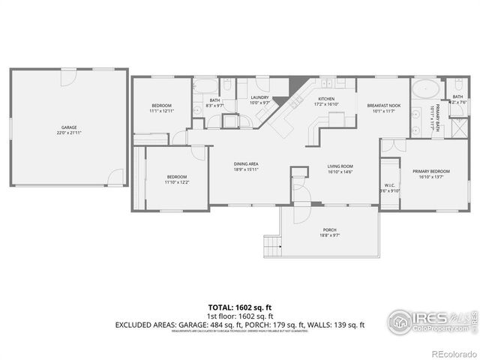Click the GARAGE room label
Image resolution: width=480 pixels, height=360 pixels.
pos(69,127)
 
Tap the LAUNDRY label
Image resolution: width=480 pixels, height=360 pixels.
pos(259,97)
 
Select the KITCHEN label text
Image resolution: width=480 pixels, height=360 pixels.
pos(326,99)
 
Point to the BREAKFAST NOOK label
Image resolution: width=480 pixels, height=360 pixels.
pos(383,106)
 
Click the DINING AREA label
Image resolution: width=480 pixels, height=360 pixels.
pos(246,163)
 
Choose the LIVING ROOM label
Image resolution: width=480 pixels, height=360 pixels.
pos(340,166)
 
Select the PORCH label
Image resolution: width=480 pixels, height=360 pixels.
pos(329,229)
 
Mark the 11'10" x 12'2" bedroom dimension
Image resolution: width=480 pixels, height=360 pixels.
pos(177,182)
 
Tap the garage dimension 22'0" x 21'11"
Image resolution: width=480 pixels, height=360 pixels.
pos(69,133)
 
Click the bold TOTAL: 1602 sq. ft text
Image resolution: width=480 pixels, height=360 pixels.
pos(240,307)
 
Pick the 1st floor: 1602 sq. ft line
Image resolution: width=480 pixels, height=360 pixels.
pos(240,316)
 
